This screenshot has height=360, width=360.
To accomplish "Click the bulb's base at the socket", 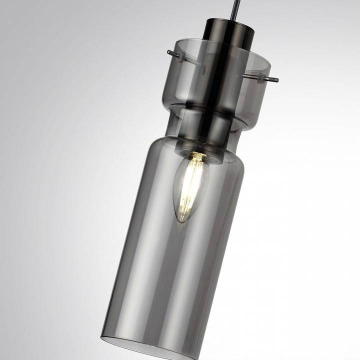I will (198, 157).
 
